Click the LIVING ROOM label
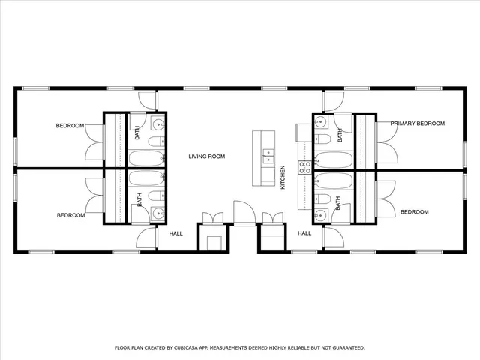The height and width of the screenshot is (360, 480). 206,157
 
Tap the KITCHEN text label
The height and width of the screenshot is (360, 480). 283,177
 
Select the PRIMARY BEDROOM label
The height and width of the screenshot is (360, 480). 417,123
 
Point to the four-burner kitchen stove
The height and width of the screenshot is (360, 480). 304,166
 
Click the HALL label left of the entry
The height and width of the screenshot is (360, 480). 175,233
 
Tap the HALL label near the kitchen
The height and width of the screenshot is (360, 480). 304,233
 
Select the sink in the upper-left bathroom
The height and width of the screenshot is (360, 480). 157,124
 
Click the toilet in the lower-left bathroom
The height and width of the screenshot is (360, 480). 154,196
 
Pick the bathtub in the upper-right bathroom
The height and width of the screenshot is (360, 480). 331,159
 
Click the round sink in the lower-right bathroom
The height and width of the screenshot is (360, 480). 321,215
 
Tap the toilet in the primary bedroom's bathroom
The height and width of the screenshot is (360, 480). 324,140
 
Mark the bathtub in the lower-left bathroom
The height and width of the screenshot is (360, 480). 145,179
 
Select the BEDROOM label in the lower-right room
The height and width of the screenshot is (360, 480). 414,212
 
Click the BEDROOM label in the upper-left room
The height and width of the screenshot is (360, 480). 70,126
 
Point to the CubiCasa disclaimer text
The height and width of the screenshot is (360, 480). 239,347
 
